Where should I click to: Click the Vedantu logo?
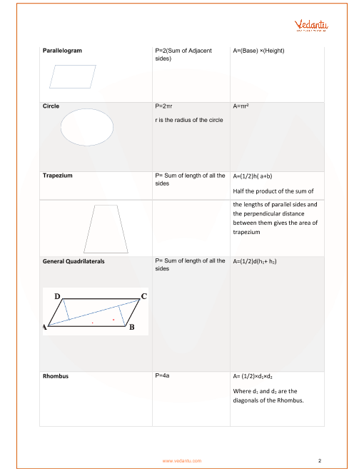point(311,26)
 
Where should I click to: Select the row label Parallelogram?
point(62,51)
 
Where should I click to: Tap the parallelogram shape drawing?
point(73,76)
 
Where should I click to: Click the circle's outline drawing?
point(61,127)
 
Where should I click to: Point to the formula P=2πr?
point(163,106)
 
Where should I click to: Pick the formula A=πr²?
point(241,106)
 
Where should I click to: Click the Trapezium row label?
point(57,176)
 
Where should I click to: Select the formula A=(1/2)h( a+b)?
point(253,176)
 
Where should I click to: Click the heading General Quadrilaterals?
point(74,261)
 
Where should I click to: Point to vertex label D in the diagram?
point(57,296)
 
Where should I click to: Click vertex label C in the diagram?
point(144,296)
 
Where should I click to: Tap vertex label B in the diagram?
point(131,327)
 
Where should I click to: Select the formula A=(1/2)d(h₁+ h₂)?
point(255,261)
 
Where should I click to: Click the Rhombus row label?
point(56,376)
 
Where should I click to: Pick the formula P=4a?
point(162,375)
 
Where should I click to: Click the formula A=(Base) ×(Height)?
point(258,51)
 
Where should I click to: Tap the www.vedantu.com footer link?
point(182,461)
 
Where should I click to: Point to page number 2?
point(320,460)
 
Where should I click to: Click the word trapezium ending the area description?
point(246,232)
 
